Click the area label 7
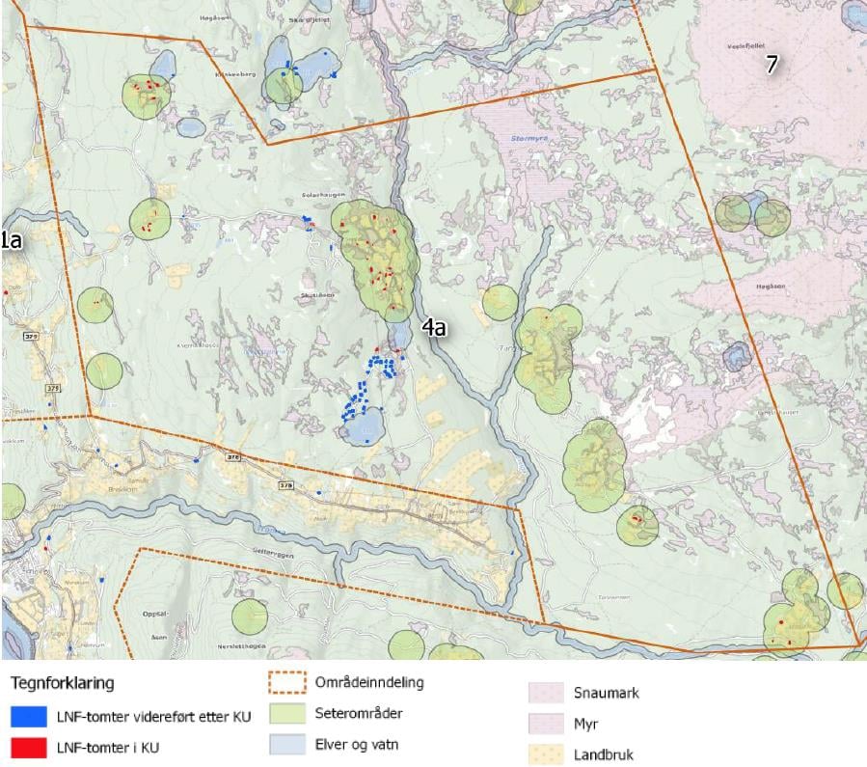[771, 65]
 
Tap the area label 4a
[433, 328]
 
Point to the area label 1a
[11, 241]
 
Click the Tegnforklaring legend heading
[63, 683]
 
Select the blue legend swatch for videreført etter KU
[29, 717]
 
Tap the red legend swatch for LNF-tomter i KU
[29, 748]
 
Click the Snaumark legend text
[606, 693]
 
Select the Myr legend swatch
[545, 724]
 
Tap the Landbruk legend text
[603, 754]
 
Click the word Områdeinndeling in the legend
[368, 683]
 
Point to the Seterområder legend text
[358, 715]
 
